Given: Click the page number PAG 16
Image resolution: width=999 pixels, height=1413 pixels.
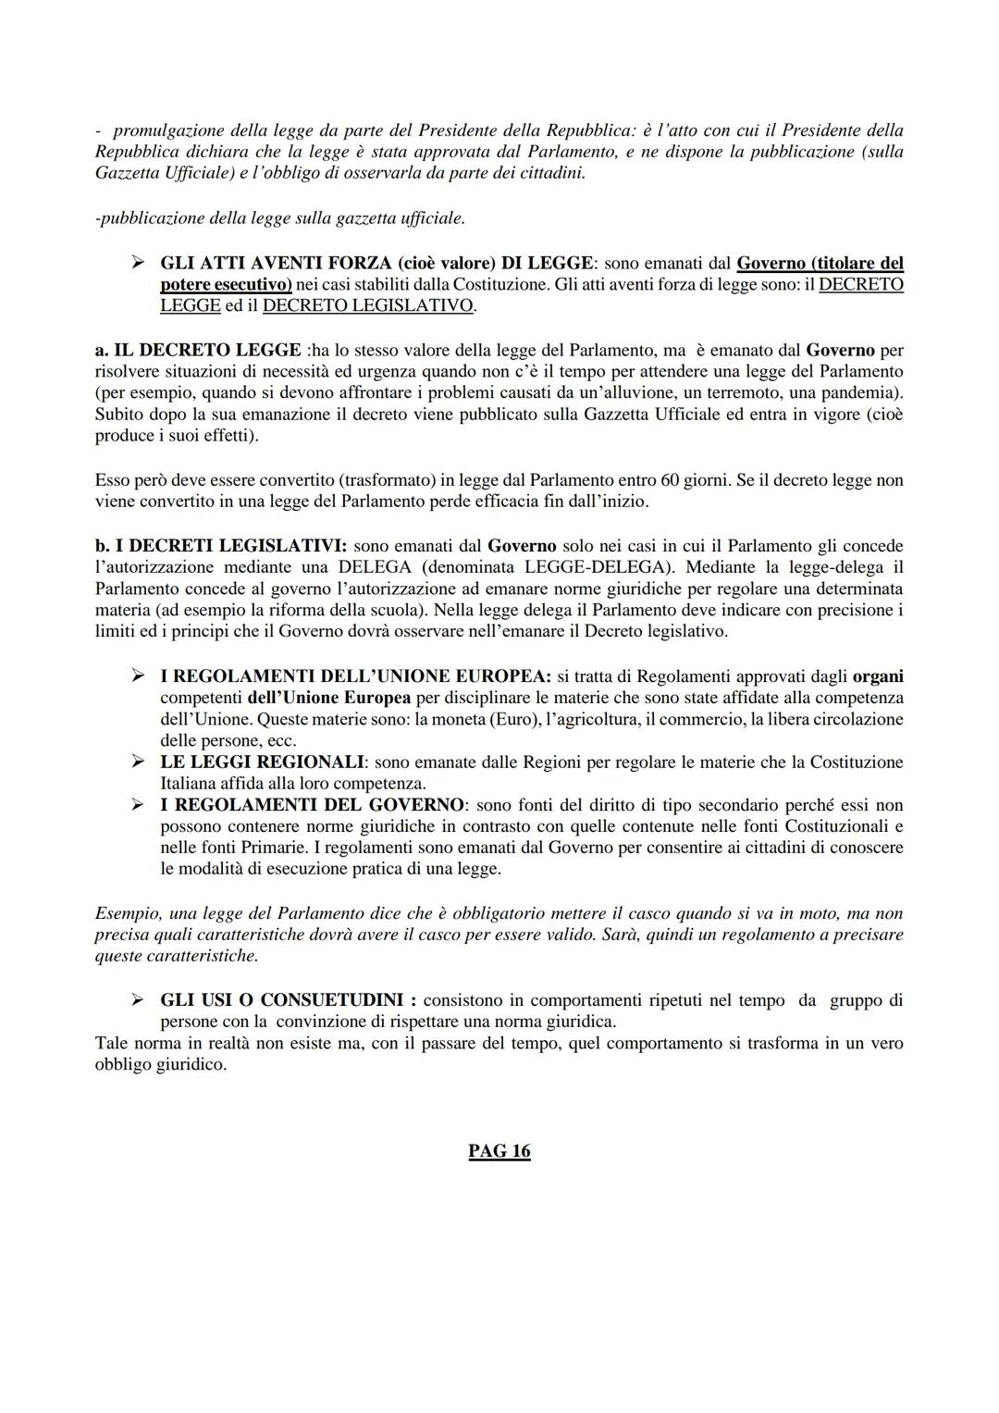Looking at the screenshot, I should click(499, 1150).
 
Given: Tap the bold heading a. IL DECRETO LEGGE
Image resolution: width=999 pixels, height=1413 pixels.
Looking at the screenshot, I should click(198, 350).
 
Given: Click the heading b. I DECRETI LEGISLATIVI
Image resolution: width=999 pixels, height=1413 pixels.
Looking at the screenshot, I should click(221, 546).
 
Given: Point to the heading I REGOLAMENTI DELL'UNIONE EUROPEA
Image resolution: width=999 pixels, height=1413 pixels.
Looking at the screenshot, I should click(355, 676).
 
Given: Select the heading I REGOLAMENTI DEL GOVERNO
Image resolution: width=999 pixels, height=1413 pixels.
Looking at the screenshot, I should click(312, 804).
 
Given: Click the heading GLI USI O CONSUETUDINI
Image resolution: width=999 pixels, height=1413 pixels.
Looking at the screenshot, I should click(288, 999).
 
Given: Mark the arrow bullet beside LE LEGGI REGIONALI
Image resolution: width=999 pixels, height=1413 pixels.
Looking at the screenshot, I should click(138, 762).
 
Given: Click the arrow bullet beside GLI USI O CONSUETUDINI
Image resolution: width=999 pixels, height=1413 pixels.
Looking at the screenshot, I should click(138, 999).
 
